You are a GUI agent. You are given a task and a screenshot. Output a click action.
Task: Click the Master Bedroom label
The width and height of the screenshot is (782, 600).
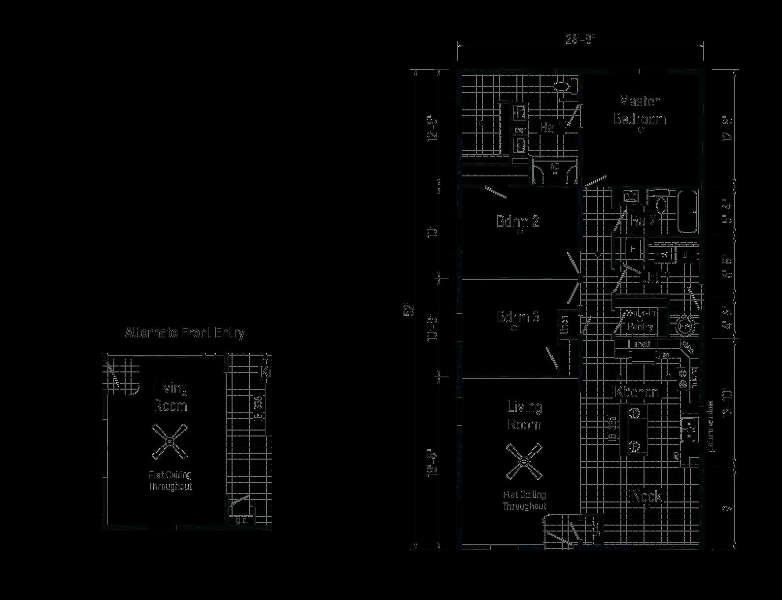click(x=639, y=110)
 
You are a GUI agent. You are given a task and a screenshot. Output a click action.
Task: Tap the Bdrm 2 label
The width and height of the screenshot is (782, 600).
click(x=517, y=221)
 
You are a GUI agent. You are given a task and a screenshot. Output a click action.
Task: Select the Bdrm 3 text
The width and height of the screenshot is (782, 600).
click(x=517, y=317)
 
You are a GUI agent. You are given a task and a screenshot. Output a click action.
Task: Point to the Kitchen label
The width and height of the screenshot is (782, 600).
click(x=637, y=393)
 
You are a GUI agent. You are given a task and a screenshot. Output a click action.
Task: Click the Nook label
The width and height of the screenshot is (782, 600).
click(x=646, y=496)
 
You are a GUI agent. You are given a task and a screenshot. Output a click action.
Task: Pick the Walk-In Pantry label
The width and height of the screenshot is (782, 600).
click(x=640, y=320)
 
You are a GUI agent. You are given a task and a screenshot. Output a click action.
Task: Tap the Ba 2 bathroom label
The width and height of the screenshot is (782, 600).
click(x=643, y=221)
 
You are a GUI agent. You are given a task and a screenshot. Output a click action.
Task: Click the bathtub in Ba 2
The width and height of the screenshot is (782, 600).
click(x=687, y=212)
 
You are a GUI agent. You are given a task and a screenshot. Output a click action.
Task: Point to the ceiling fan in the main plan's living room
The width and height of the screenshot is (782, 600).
click(x=524, y=461)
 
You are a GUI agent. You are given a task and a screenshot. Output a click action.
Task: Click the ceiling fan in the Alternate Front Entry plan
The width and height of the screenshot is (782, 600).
click(x=170, y=442)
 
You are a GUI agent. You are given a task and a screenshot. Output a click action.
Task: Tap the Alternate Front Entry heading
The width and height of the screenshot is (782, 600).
click(x=185, y=333)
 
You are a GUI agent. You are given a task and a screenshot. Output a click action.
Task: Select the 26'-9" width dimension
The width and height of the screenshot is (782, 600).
click(x=580, y=39)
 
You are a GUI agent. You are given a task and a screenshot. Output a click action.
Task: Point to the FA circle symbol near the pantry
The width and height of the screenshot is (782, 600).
click(x=685, y=326)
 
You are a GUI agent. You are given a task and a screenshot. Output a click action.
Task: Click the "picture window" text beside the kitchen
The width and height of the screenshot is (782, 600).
click(x=710, y=426)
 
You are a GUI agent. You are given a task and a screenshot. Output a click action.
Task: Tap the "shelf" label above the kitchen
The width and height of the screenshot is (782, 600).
click(x=641, y=344)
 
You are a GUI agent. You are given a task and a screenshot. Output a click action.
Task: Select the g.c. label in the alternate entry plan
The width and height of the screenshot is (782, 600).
click(x=241, y=520)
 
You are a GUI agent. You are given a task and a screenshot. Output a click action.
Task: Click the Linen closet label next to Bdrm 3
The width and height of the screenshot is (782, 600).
click(x=565, y=324)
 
